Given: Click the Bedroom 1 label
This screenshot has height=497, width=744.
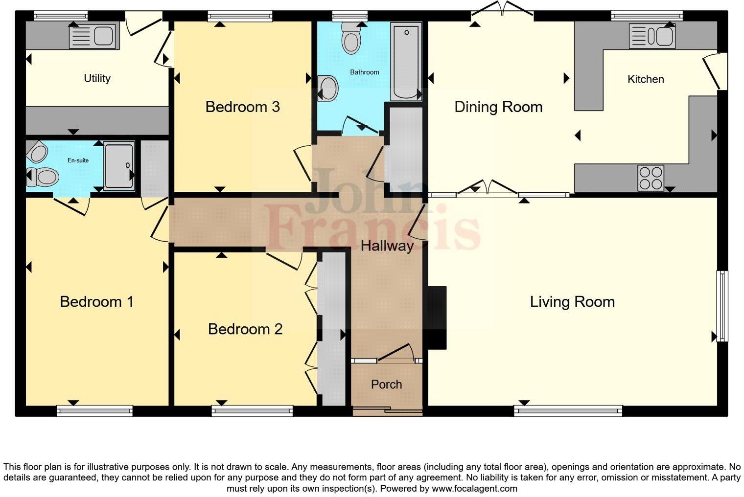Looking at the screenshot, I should (96, 302).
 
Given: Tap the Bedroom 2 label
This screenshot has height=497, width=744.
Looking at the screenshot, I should (245, 329).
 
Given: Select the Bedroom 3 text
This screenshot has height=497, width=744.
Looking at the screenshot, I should (242, 107).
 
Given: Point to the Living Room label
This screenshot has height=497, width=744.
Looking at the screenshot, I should (572, 302).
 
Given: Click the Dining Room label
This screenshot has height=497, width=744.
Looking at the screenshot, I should (498, 107).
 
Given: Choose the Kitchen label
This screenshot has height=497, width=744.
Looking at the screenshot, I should (646, 79).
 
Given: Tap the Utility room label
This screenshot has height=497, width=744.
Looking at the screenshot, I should (97, 78).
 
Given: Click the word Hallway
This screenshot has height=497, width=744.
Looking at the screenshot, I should (387, 246).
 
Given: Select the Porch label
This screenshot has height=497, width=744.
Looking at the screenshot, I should (386, 384).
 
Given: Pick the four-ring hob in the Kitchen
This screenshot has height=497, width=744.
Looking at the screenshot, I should (651, 178).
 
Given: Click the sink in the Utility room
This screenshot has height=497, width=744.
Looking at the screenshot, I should (93, 36).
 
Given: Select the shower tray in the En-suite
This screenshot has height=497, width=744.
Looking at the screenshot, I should (119, 166).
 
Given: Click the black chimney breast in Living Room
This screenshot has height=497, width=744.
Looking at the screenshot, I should (436, 317).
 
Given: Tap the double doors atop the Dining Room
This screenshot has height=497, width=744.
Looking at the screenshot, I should (502, 10).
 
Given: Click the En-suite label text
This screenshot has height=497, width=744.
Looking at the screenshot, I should (78, 160).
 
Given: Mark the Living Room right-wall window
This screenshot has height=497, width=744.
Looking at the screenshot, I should (722, 306).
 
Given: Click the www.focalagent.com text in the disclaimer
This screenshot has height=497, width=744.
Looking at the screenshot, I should (474, 488).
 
